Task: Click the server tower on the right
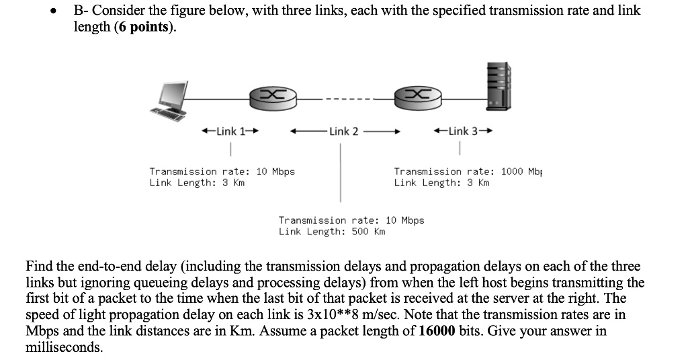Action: [499, 86]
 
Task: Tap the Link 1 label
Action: [230, 131]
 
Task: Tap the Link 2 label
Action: [344, 131]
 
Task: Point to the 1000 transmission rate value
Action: [511, 171]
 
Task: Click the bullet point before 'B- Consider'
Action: [59, 11]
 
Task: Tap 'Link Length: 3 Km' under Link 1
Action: [197, 183]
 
